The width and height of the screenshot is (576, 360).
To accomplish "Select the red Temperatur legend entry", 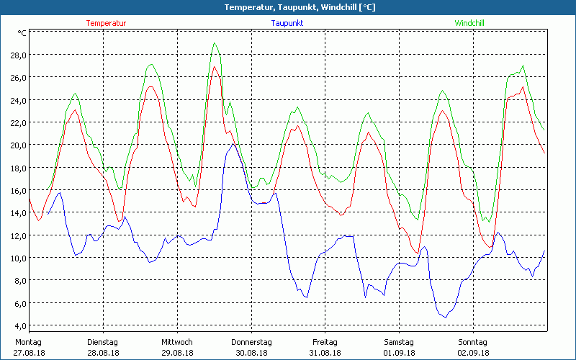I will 106,23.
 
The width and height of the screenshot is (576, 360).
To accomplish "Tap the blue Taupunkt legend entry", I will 287,23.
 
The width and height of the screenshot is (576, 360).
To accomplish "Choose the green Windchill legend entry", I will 469,23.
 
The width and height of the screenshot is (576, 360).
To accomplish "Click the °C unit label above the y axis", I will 22,32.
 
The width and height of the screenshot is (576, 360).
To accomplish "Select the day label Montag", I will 27,342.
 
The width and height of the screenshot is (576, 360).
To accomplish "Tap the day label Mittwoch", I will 176,342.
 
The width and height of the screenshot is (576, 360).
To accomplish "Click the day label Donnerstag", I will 251,342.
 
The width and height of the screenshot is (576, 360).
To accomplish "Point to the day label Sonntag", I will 472,342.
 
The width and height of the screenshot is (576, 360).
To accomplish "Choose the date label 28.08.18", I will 102,353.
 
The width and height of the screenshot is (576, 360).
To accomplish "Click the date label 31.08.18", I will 325,353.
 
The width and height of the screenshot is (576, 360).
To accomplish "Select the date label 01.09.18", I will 399,353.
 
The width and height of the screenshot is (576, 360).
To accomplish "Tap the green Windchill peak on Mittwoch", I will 215,43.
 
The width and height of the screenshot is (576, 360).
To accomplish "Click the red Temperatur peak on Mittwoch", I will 214,67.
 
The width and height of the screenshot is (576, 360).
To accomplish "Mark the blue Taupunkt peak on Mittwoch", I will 233,144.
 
